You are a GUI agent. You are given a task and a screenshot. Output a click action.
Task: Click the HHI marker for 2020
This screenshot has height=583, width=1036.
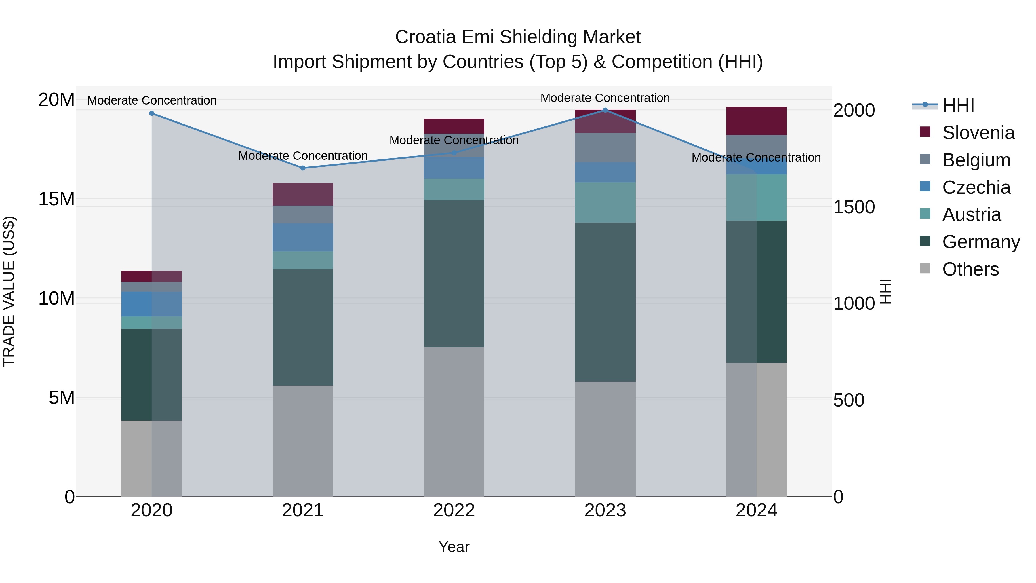(152, 113)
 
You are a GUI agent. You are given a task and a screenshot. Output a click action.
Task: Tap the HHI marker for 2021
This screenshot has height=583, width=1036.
(303, 168)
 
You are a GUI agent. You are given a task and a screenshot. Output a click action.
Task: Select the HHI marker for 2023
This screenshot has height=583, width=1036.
(605, 110)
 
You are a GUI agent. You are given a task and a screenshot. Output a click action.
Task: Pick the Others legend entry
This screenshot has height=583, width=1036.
(970, 269)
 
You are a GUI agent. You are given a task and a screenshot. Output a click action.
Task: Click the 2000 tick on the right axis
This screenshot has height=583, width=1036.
(854, 110)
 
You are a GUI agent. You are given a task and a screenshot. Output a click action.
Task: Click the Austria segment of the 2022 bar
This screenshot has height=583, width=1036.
(454, 189)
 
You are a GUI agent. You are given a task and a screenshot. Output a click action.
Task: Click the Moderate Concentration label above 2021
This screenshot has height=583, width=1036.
(303, 156)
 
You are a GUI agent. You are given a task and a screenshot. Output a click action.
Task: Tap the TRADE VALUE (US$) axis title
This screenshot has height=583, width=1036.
(9, 291)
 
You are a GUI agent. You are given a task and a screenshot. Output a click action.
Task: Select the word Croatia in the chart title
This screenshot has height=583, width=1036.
(426, 37)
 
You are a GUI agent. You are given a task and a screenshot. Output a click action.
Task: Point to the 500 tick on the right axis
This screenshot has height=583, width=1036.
(849, 400)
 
